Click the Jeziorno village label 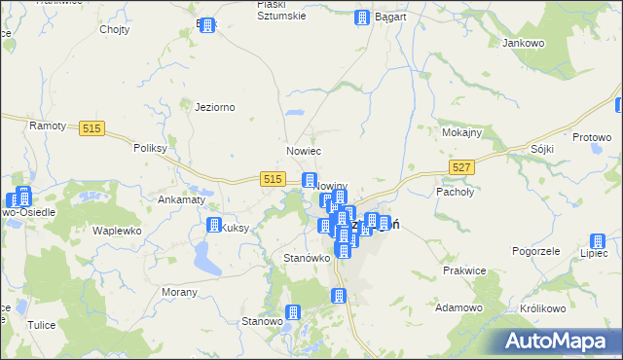tap(215, 107)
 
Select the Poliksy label tap(151, 149)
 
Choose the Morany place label tap(179, 292)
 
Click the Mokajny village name tap(461, 132)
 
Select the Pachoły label tap(454, 192)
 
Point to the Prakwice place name tap(463, 270)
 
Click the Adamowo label tap(459, 307)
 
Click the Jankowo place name tap(522, 44)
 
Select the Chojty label tap(115, 29)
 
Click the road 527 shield tap(462, 168)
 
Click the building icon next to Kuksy tap(213, 226)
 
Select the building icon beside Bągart tap(362, 18)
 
